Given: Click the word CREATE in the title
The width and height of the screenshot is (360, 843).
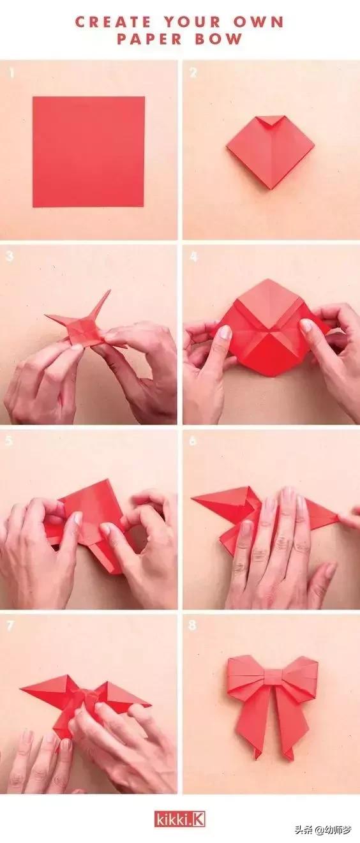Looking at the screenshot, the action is click(112, 22).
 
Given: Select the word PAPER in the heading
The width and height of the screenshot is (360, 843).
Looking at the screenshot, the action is click(149, 39).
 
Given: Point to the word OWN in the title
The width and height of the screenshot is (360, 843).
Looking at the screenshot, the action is click(258, 22).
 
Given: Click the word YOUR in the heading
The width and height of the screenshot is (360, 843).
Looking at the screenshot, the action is click(192, 22).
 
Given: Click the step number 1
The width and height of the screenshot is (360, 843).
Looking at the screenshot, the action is click(12, 73).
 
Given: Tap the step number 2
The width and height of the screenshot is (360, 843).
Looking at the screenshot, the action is click(193, 73).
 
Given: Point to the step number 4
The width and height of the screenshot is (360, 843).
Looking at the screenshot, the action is click(193, 257).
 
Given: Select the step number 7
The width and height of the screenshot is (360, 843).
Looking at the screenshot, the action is click(10, 625).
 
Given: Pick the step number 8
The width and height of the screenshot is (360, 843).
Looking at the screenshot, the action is click(192, 625).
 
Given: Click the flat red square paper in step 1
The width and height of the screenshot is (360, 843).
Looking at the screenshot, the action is click(89, 152).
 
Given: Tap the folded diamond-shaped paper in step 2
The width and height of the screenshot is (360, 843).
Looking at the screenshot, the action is click(271, 152).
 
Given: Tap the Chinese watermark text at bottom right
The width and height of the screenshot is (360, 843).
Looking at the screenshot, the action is click(323, 828).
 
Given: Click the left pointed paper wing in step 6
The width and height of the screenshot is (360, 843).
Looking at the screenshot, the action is click(222, 498).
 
